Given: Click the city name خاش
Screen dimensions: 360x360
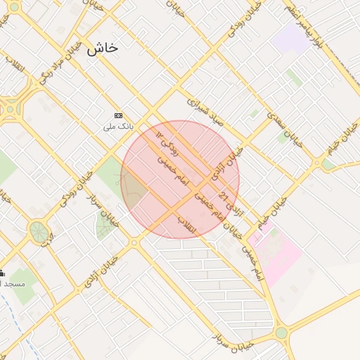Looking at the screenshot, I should point(102,50).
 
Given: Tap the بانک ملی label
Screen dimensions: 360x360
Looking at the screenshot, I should point(117,127).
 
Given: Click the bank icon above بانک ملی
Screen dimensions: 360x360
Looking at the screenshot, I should point(118,115).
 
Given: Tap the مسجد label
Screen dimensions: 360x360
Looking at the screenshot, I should point(13,283).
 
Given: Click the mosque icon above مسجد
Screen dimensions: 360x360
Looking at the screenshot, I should point(2,273).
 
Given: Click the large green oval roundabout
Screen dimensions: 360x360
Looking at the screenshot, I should point(37,230).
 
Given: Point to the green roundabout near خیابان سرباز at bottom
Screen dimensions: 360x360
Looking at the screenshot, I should point(281,333).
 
